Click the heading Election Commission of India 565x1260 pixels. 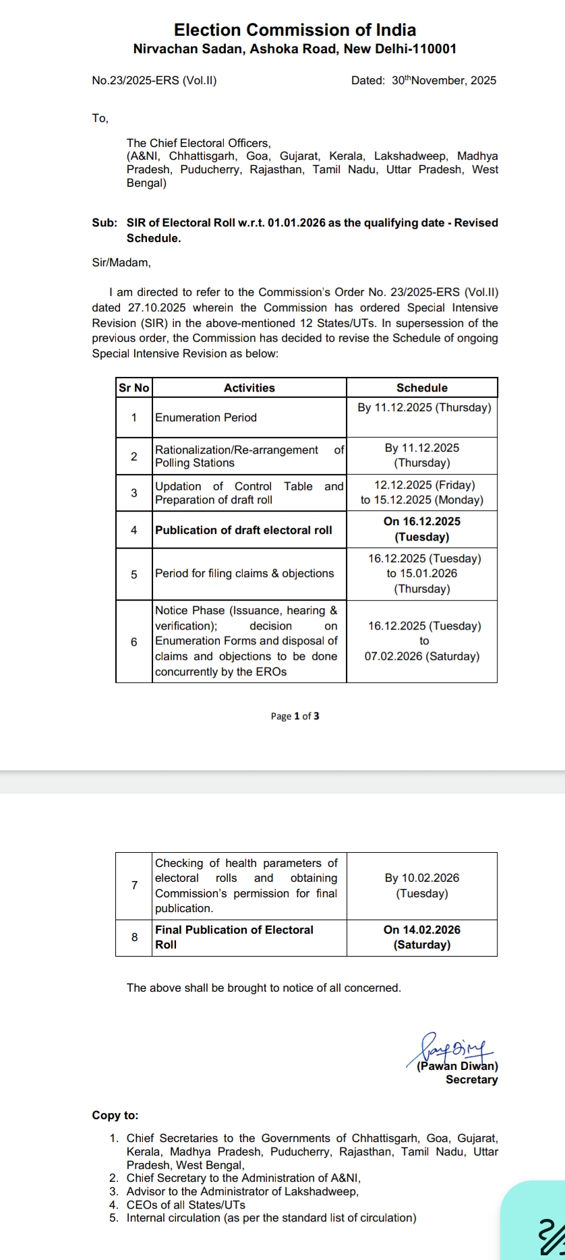click(295, 30)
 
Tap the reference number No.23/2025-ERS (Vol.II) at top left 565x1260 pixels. click(154, 81)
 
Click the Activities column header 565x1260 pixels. click(249, 388)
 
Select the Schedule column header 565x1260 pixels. click(422, 388)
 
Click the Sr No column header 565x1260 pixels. click(133, 388)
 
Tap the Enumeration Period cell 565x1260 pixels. click(206, 418)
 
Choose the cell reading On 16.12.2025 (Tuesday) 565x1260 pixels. click(422, 529)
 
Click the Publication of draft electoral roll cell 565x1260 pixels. click(243, 531)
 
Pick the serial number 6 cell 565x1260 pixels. click(133, 642)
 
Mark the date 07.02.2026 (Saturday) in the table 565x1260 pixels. click(422, 657)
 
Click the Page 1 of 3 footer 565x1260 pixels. click(295, 717)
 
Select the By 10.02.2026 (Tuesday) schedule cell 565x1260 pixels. click(422, 886)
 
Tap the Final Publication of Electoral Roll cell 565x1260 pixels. click(234, 938)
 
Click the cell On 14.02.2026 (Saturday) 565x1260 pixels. click(422, 938)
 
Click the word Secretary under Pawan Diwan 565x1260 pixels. click(472, 1080)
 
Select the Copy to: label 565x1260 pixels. click(115, 1116)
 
